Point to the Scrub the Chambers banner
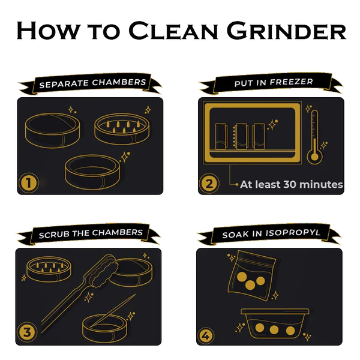click(x=90, y=233)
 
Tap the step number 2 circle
click(x=209, y=183)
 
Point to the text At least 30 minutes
click(x=291, y=185)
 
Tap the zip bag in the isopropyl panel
click(x=251, y=274)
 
